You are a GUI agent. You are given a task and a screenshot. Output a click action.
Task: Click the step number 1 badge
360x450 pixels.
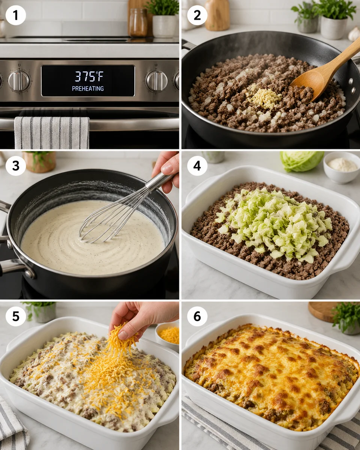16,15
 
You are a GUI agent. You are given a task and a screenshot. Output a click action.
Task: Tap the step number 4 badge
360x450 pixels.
197,166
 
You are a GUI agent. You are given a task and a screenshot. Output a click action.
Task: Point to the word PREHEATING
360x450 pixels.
88,89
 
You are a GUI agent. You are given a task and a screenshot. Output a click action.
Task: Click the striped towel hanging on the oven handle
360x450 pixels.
51,133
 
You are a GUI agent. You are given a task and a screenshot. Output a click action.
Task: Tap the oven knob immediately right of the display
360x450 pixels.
156,80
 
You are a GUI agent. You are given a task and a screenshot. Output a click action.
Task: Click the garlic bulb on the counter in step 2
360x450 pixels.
354,34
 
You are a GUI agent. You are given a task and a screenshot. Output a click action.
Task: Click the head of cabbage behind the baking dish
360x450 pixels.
302,160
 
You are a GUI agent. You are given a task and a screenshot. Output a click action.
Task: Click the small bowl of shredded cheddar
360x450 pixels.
168,334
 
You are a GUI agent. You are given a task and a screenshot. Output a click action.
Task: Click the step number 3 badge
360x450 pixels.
16,166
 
